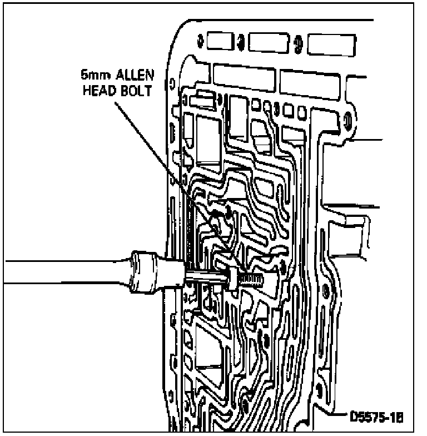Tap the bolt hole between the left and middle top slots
pyautogui.click(x=239, y=40)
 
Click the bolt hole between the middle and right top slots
pyautogui.click(x=298, y=42)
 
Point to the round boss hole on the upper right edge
pyautogui.click(x=347, y=119)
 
